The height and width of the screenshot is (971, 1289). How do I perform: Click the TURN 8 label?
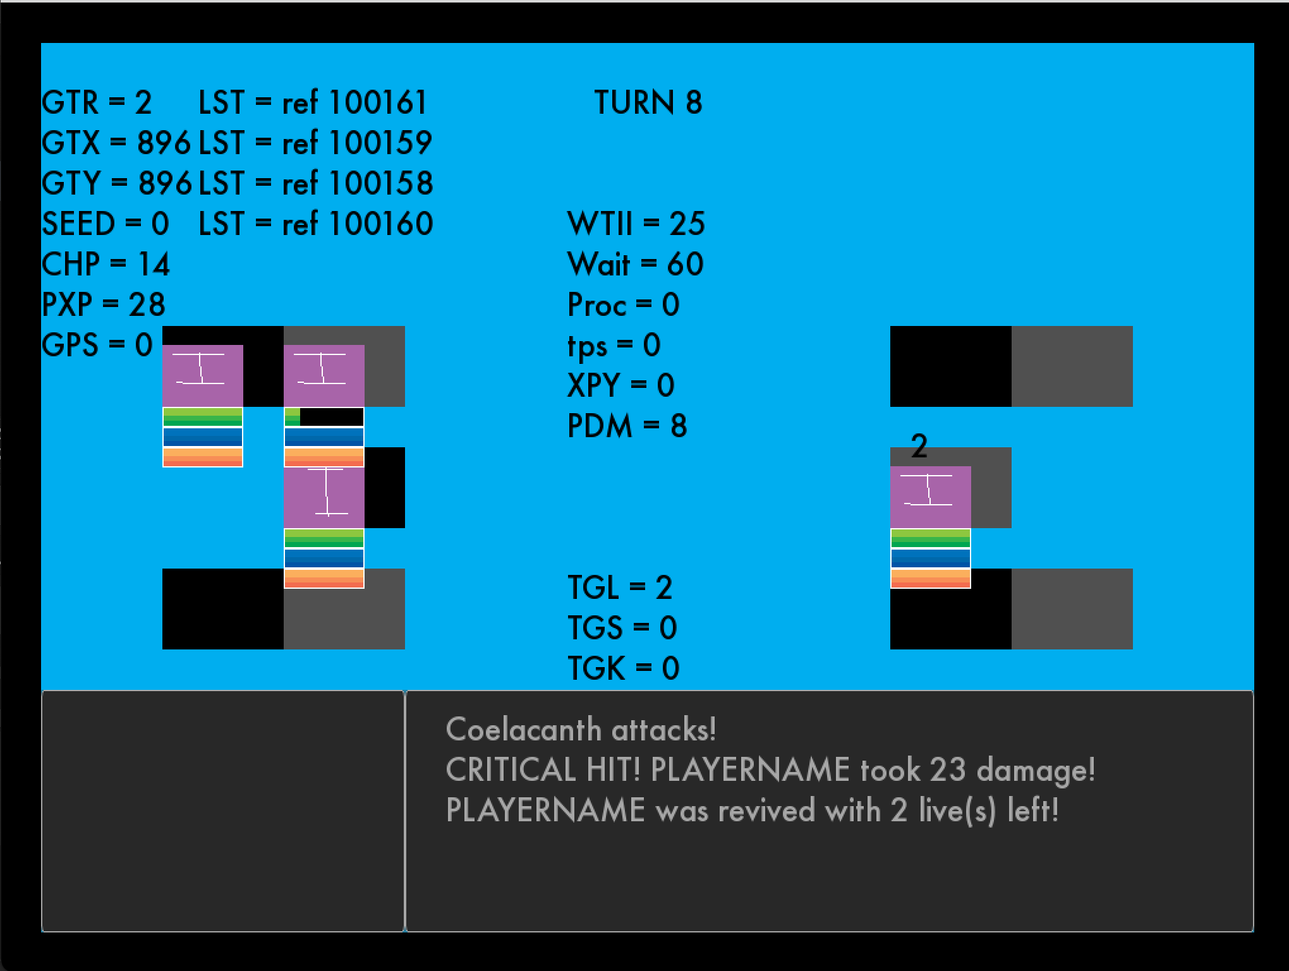coord(648,102)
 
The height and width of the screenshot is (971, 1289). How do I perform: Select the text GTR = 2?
coord(97,102)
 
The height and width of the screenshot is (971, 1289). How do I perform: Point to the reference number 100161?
coord(377,102)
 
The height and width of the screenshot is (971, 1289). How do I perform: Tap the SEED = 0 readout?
coord(106,224)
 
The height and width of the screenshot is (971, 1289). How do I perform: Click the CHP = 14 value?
coord(106,264)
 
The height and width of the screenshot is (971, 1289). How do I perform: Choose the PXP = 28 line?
coord(104,305)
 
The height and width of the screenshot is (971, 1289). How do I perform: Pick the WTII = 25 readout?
coord(636,224)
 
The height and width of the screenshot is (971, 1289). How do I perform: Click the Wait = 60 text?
coord(635,264)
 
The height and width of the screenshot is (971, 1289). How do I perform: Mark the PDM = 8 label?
coord(627,426)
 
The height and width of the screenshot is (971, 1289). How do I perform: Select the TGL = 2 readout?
coord(619,588)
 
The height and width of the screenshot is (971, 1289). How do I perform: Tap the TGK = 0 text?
coord(623,668)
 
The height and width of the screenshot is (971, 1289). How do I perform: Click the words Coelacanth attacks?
coord(581,730)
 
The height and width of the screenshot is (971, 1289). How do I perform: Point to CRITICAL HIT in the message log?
coord(543,770)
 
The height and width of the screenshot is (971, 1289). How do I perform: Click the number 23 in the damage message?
coord(947,770)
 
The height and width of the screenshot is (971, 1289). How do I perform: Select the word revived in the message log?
coord(766,811)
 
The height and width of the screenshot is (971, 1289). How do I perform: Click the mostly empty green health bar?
coord(324,417)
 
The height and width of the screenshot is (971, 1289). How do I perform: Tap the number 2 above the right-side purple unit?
coord(919,447)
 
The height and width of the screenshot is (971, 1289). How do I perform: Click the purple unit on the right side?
coord(930,497)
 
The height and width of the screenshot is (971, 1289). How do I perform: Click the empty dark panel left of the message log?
coord(222,811)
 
